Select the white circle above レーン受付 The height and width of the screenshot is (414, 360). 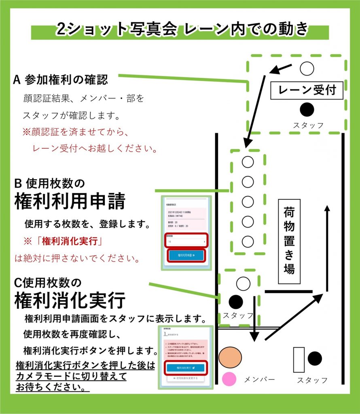[x=307, y=68]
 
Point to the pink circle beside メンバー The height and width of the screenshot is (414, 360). [x=229, y=379]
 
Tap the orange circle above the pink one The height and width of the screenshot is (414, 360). [x=228, y=357]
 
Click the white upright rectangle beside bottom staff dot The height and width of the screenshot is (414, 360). [x=299, y=359]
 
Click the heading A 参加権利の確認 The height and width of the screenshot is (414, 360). [x=60, y=80]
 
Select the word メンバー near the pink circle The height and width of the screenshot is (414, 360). [x=259, y=379]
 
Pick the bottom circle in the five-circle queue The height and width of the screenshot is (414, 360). [x=248, y=242]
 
